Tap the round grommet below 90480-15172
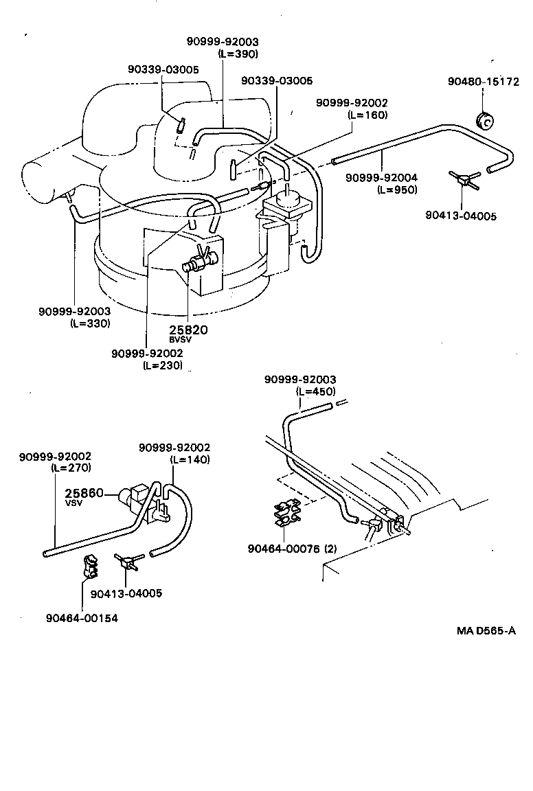(x=484, y=120)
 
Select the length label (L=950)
(x=396, y=190)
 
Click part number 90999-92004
(x=381, y=179)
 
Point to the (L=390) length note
(x=238, y=54)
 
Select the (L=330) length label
(x=90, y=323)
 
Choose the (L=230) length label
(x=163, y=365)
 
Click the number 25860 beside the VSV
(x=84, y=493)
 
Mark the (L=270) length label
(x=71, y=468)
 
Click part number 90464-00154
(x=82, y=618)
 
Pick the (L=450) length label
(x=315, y=391)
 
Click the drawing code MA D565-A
(x=486, y=630)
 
